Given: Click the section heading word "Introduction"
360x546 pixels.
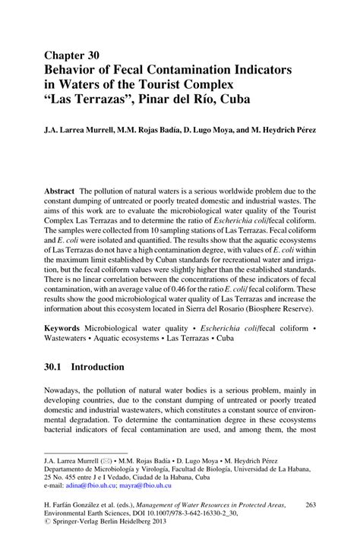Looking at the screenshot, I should point(97,368).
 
